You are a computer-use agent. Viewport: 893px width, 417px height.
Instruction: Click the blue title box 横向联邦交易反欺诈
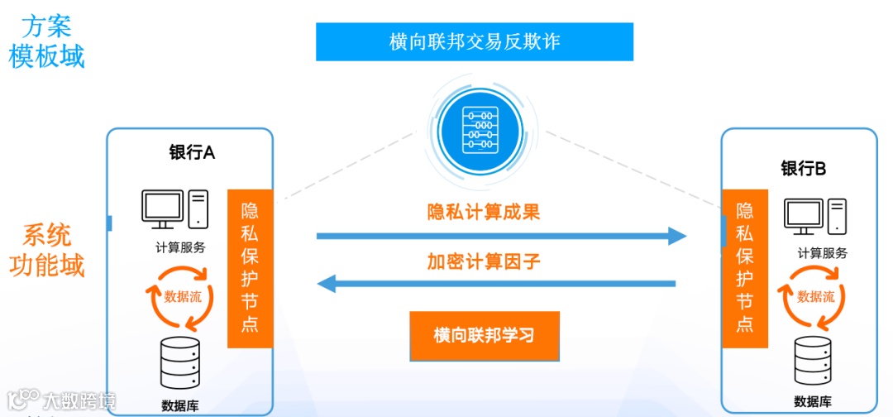click(475, 41)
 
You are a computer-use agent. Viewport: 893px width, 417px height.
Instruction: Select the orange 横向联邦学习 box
click(485, 336)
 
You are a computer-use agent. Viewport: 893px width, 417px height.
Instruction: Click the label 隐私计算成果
click(484, 212)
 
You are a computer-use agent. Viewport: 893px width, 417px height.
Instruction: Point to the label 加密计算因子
click(484, 262)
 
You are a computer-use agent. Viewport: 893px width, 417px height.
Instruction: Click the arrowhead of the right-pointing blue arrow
click(677, 237)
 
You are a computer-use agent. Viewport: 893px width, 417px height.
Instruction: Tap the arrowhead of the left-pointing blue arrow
click(327, 285)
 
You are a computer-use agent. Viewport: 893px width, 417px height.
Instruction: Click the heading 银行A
click(192, 153)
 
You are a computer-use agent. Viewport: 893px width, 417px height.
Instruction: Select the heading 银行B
click(804, 169)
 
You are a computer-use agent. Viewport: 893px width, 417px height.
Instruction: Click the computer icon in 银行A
click(174, 209)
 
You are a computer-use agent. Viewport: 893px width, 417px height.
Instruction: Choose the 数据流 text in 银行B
click(815, 297)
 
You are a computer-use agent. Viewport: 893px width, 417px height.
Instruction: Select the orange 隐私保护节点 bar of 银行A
click(250, 268)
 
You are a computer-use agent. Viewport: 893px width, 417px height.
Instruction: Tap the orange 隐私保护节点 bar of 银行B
click(744, 268)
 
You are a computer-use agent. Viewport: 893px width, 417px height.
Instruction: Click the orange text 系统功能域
click(46, 251)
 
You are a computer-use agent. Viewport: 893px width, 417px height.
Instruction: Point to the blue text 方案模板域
click(46, 41)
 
